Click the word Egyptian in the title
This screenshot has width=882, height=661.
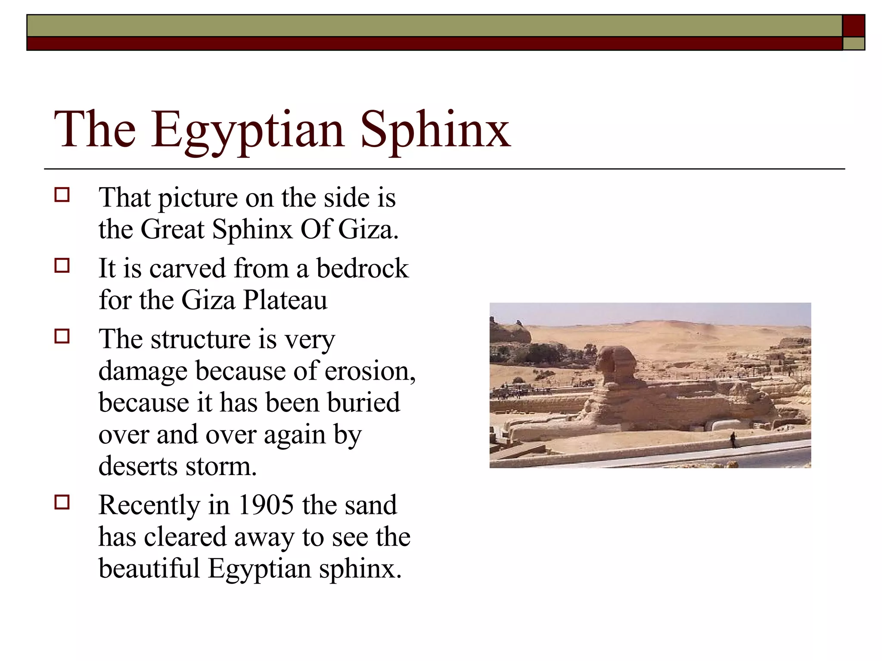tap(247, 130)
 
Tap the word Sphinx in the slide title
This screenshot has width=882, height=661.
tap(435, 130)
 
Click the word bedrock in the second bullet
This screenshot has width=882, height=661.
tap(362, 269)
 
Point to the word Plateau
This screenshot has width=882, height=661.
tap(285, 300)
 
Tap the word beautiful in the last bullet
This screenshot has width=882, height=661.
tap(149, 568)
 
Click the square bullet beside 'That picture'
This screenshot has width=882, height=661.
tap(62, 195)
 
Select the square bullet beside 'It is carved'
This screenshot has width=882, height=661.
tap(62, 266)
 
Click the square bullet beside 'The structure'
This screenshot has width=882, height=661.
tap(62, 336)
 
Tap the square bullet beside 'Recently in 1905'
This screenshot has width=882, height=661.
tap(62, 502)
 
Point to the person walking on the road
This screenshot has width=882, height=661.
tap(733, 440)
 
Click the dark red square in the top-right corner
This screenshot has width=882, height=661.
tap(853, 26)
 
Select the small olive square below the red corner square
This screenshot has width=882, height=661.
tap(853, 43)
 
